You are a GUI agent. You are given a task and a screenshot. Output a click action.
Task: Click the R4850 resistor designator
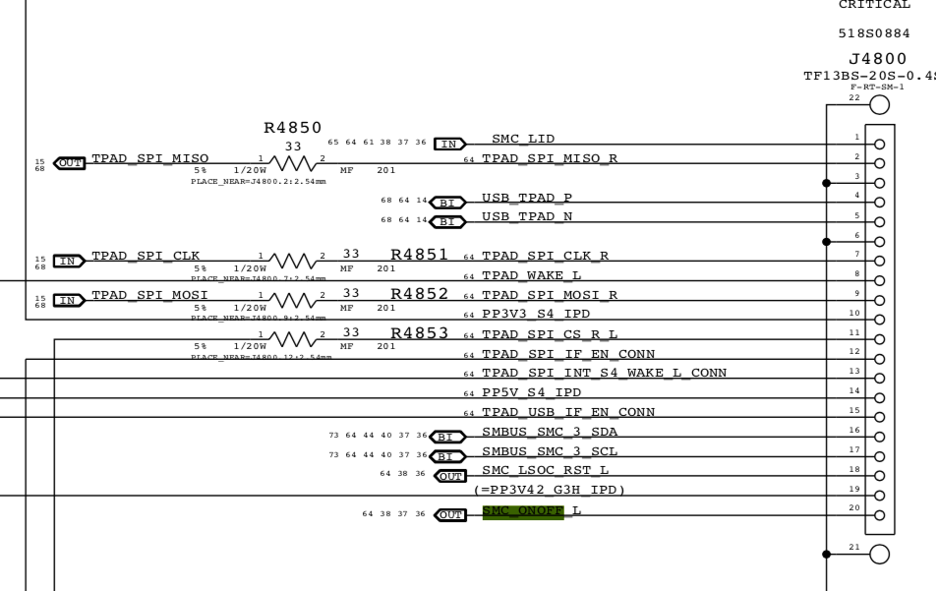pos(294,129)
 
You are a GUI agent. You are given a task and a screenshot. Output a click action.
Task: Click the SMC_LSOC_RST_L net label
pos(546,471)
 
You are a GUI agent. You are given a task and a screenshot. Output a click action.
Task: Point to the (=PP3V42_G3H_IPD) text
pos(550,490)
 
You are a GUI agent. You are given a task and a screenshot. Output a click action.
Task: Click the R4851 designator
pos(420,255)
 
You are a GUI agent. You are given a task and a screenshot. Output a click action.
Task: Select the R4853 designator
pos(420,334)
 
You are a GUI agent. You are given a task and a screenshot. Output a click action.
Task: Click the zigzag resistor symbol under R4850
pos(294,160)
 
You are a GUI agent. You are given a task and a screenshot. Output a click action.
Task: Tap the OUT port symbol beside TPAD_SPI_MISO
pos(71,160)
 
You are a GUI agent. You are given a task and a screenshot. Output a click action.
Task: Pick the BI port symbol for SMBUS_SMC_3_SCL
pos(449,455)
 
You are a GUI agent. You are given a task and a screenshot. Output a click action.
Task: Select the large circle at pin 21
pos(880,554)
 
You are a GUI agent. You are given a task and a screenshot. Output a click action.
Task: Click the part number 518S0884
pos(874,32)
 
